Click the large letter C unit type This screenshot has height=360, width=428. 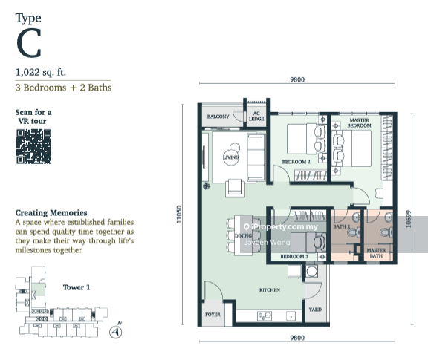29,43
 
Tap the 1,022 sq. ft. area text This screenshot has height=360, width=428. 41,72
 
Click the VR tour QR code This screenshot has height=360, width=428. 34,146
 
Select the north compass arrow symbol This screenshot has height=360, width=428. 116,332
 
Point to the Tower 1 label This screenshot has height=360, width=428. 77,287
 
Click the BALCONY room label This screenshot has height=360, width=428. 218,117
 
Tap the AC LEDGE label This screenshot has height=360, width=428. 256,116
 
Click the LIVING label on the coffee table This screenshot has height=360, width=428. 231,157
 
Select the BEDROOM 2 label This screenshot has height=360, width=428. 296,162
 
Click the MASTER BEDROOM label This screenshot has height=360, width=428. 359,122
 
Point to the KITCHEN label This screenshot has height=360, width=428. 270,290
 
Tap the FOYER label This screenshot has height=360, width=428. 213,315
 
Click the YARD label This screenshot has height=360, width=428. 315,310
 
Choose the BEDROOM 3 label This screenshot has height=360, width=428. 294,256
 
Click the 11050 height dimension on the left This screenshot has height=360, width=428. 179,215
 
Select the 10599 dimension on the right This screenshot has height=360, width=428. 408,219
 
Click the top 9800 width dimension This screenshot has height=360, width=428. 297,79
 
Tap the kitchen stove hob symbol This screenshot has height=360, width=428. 265,315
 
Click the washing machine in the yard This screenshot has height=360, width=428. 311,272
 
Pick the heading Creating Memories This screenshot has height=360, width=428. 51,213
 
